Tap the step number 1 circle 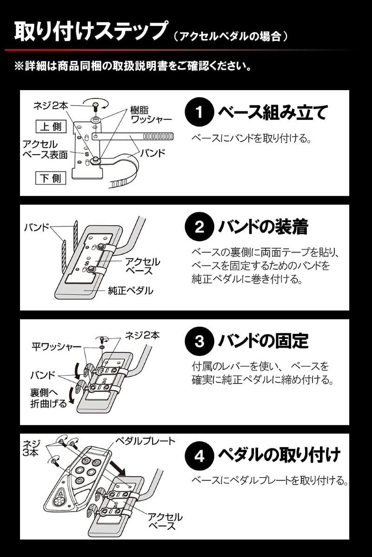click(x=199, y=113)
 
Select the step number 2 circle click(x=199, y=227)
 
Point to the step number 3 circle click(x=199, y=342)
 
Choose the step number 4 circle click(x=199, y=456)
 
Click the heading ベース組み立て click(x=273, y=113)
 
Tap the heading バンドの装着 click(x=263, y=227)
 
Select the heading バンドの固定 click(x=263, y=342)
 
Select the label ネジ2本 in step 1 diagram click(x=51, y=106)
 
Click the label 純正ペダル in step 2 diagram click(x=131, y=291)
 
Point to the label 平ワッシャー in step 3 click(x=56, y=346)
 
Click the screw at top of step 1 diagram click(x=95, y=106)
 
